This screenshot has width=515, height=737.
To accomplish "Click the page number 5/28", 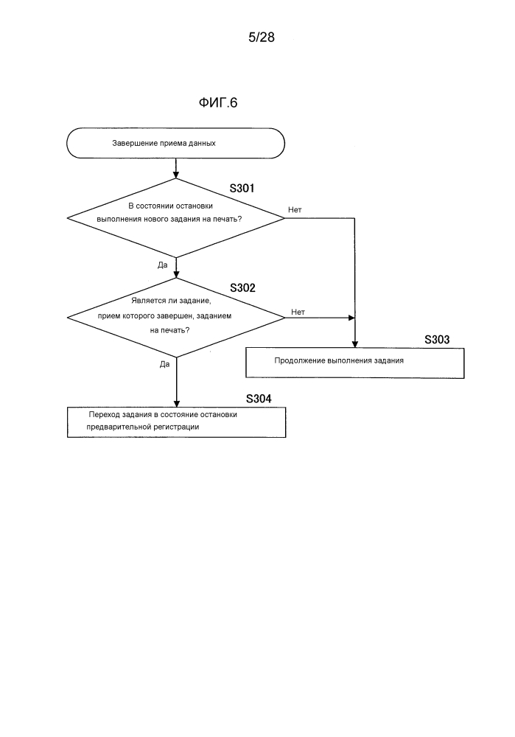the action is pyautogui.click(x=262, y=37).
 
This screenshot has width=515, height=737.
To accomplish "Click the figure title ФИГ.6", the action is pyautogui.click(x=218, y=102).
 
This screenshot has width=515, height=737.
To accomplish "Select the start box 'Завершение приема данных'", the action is pyautogui.click(x=176, y=143).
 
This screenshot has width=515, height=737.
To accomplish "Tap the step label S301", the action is pyautogui.click(x=242, y=189).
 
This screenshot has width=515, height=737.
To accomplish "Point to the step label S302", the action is pyautogui.click(x=242, y=287).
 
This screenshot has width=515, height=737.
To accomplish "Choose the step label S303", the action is pyautogui.click(x=437, y=340).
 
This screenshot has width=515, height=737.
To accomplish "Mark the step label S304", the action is pyautogui.click(x=259, y=399).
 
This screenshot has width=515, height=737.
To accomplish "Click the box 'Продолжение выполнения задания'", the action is pyautogui.click(x=355, y=363).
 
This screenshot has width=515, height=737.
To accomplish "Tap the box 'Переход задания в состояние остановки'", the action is pyautogui.click(x=176, y=422).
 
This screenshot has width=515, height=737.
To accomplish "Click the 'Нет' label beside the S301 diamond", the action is pyautogui.click(x=295, y=209).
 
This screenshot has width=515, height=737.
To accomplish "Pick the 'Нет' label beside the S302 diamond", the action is pyautogui.click(x=298, y=312).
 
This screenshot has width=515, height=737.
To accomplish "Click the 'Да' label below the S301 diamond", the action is pyautogui.click(x=163, y=265).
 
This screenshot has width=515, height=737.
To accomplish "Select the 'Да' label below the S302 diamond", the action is pyautogui.click(x=164, y=364).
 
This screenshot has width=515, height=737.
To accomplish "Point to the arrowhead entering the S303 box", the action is pyautogui.click(x=355, y=344).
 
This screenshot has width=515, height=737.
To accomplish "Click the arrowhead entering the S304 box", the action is pyautogui.click(x=176, y=403).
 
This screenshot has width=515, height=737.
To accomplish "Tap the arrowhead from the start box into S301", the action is pyautogui.click(x=176, y=175).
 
